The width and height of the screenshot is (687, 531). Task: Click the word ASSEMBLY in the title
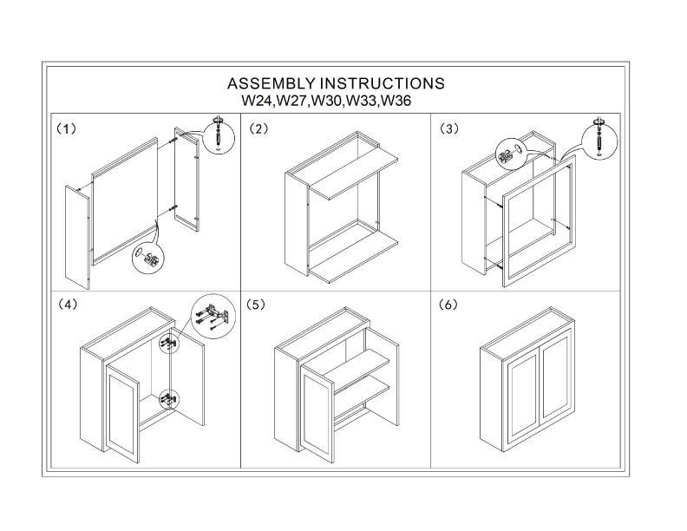(x=272, y=84)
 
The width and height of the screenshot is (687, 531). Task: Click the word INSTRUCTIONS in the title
(x=383, y=84)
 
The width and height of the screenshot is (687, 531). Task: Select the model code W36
(x=396, y=101)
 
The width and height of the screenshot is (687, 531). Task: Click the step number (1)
(x=67, y=128)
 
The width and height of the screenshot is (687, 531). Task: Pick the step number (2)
(x=258, y=128)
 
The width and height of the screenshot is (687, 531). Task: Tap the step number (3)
(x=448, y=128)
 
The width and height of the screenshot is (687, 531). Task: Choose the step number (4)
(x=67, y=305)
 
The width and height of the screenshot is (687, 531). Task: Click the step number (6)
(x=448, y=305)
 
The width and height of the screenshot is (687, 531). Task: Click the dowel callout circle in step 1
(x=219, y=135)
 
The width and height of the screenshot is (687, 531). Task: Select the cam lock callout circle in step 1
(x=149, y=258)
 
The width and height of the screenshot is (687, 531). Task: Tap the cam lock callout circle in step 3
(x=508, y=155)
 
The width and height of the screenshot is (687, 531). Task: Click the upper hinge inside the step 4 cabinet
(x=169, y=344)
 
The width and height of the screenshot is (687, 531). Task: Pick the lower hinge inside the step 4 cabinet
(x=169, y=399)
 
